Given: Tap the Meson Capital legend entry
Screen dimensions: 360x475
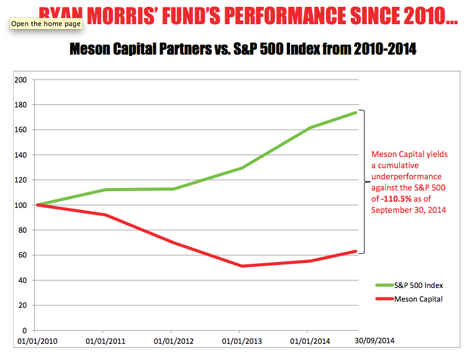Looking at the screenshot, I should tap(416, 299).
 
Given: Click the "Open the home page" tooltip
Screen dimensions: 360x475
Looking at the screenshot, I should tap(45, 24).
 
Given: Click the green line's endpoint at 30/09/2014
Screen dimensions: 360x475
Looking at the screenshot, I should tap(356, 112).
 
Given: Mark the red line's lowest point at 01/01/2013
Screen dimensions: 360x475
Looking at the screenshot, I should tap(241, 266).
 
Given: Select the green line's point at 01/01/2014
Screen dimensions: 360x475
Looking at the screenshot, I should tap(309, 128).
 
